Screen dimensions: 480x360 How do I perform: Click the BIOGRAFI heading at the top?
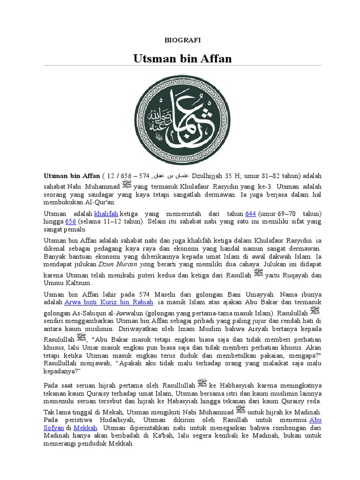coord(182,40)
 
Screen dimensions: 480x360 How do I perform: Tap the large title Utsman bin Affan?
coord(182,59)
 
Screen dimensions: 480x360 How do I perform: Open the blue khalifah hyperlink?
coord(106,213)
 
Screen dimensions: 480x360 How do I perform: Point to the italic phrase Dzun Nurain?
coord(121,264)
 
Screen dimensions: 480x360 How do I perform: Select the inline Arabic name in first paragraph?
coord(166,176)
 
